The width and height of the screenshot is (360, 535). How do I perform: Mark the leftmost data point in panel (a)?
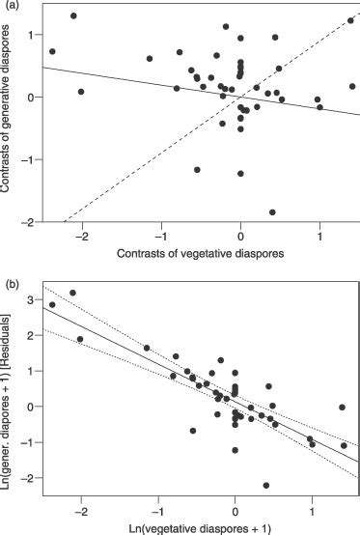point(52,51)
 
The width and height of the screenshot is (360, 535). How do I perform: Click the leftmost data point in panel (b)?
point(52,305)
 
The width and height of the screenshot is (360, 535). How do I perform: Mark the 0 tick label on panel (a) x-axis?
point(240,235)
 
